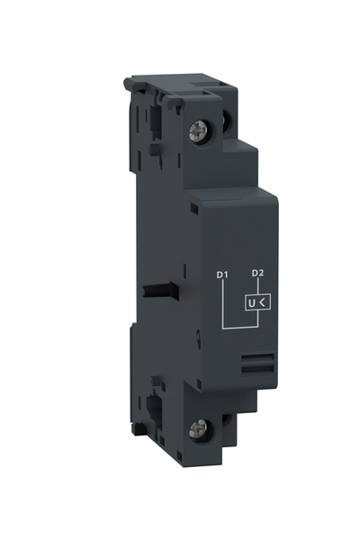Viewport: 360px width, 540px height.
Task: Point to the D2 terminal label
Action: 257,273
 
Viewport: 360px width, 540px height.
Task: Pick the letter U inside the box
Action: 251,302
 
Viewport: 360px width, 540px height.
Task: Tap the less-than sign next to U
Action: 262,302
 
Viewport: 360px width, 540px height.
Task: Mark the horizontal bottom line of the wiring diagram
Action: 238,326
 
